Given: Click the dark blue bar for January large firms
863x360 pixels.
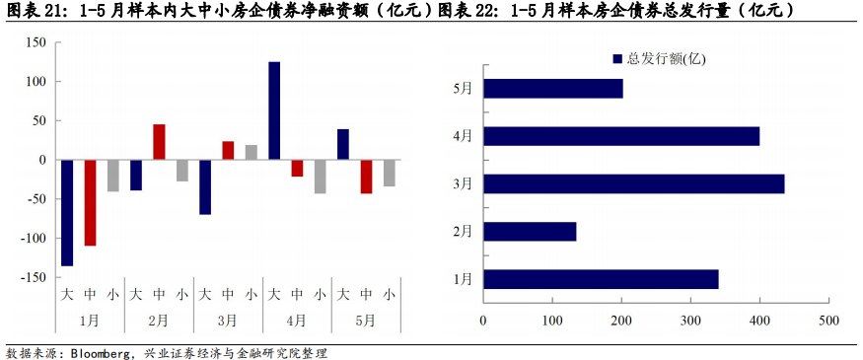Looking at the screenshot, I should [67, 212].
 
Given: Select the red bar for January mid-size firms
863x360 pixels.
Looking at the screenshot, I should [90, 202].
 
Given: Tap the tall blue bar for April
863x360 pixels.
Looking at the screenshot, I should [274, 110].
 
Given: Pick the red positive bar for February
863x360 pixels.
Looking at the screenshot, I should [159, 142].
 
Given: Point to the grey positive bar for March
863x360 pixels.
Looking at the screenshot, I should [251, 152].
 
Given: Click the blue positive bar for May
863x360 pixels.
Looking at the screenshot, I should [343, 144].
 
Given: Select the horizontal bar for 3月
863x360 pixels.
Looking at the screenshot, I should [633, 183].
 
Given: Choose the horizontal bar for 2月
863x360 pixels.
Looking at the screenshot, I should [530, 232].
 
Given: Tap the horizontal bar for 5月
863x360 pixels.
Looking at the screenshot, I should [552, 89].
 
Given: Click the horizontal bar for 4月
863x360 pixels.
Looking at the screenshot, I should [621, 136].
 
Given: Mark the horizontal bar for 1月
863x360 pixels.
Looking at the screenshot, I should [601, 279].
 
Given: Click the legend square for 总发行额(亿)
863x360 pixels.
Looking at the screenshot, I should [617, 59].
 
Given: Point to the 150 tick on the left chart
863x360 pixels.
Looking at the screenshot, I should [36, 42].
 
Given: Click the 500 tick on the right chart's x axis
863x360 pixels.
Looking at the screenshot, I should [828, 321].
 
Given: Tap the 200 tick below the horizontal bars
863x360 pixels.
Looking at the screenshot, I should [621, 321].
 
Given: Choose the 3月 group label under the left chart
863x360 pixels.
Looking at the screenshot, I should [228, 321].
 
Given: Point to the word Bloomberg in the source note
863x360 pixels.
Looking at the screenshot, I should [104, 352].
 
